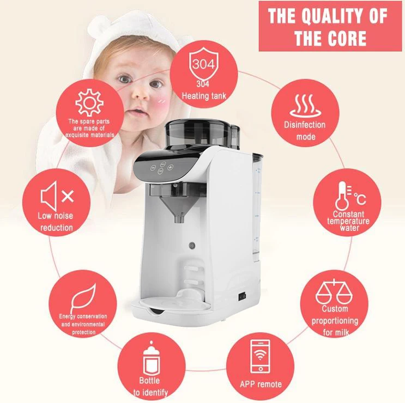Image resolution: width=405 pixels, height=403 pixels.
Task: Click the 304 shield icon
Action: tap(204, 64)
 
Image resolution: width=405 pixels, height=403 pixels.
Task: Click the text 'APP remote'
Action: tap(261, 384)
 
